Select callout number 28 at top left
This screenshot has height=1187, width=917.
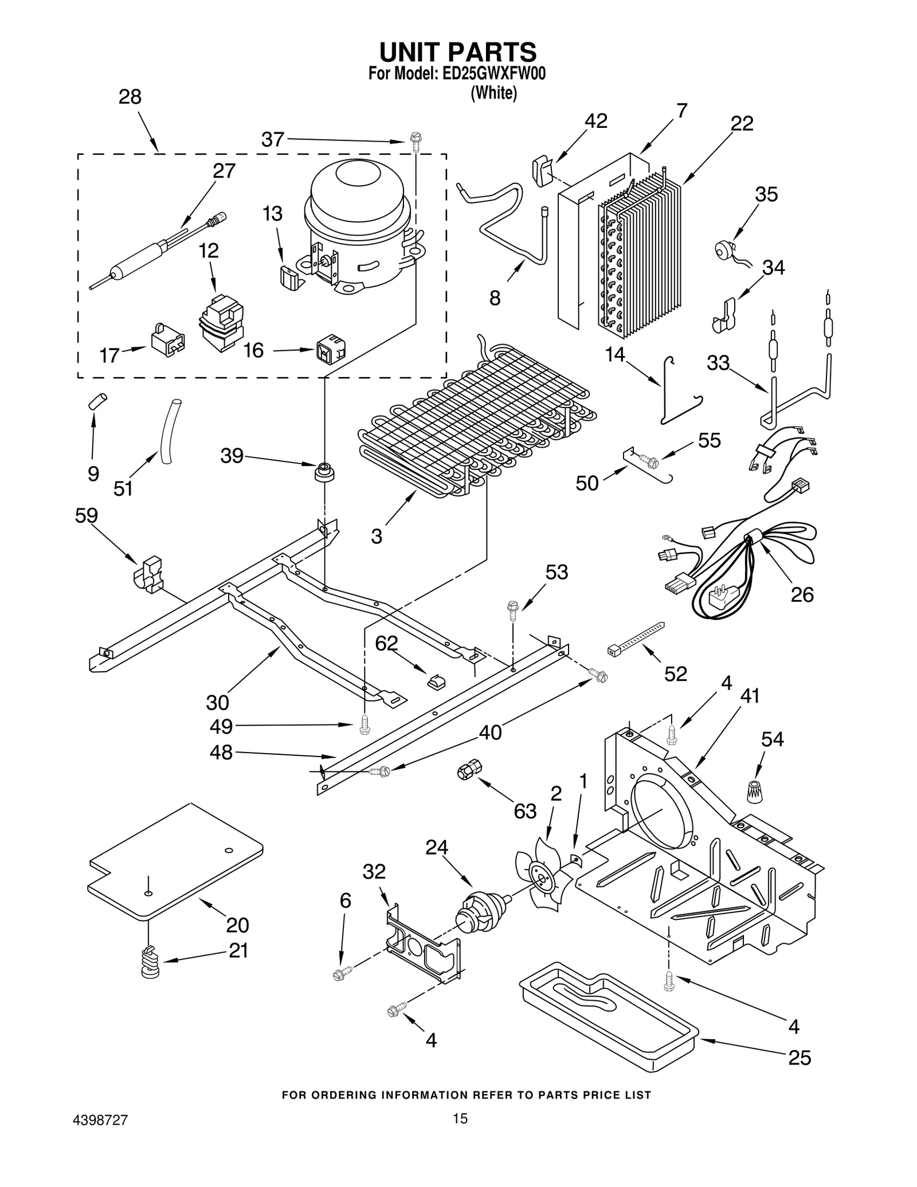130,97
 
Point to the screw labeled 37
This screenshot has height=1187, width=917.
414,141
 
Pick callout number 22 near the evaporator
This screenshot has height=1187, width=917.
742,123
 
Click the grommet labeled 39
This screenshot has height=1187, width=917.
324,472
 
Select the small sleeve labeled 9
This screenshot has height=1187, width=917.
97,401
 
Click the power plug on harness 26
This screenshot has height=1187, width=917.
718,602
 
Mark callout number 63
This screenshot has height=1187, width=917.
524,811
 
